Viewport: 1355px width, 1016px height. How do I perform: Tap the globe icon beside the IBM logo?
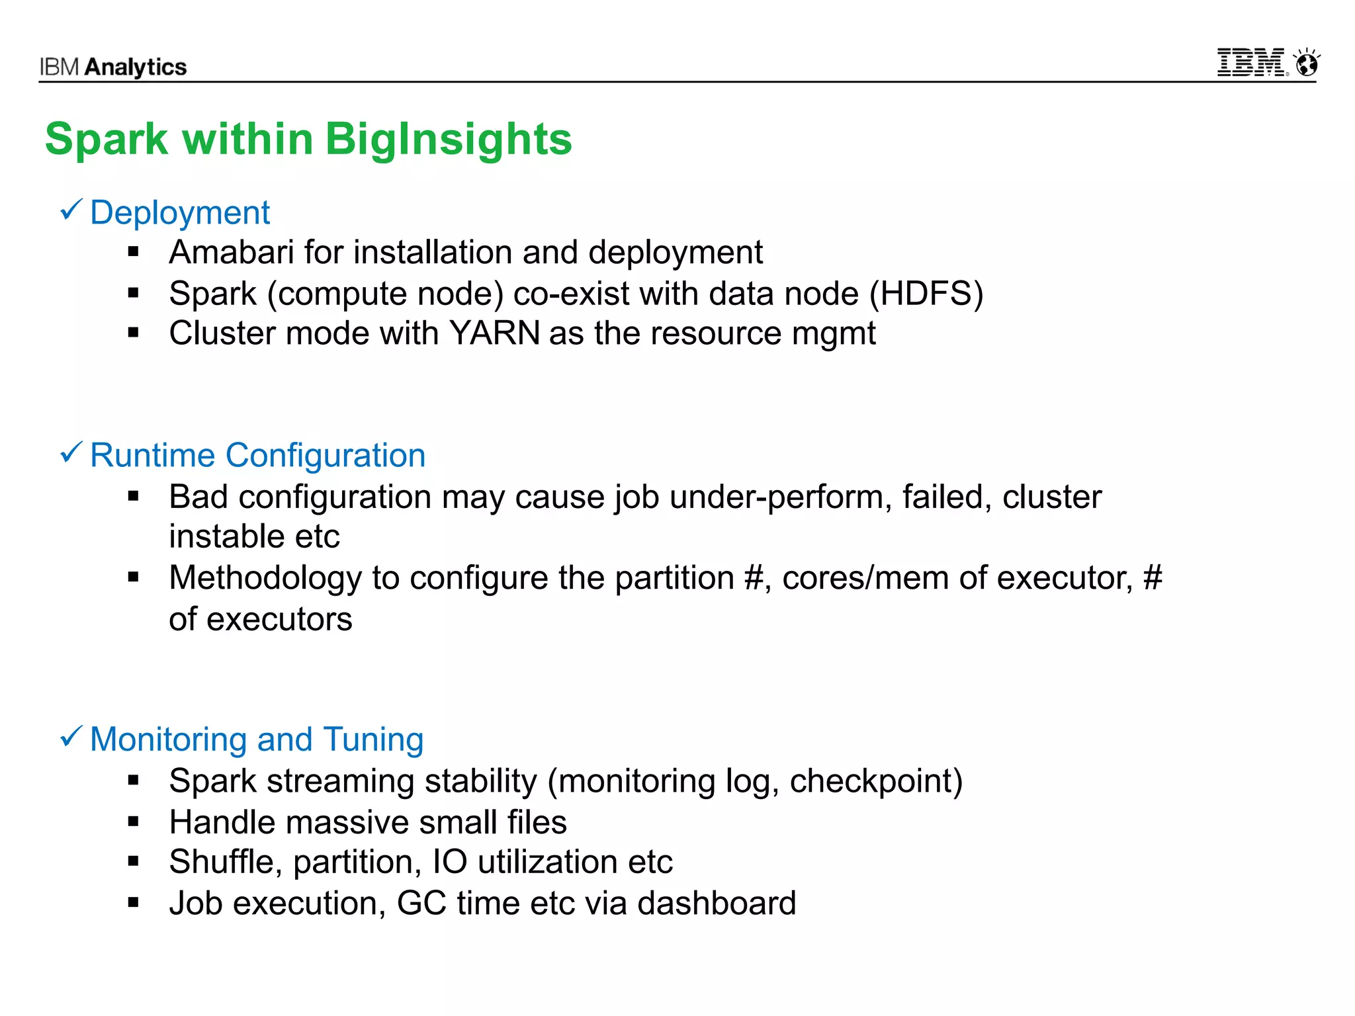click(x=1307, y=63)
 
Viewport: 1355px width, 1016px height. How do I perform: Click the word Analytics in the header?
click(x=136, y=67)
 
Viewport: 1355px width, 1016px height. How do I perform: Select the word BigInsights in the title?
click(x=448, y=140)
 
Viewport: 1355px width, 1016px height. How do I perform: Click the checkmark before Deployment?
click(x=71, y=210)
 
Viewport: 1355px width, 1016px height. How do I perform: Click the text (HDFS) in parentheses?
click(x=926, y=294)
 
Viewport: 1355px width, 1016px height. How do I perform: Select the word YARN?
click(x=494, y=333)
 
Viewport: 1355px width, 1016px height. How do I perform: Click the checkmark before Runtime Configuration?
click(x=71, y=453)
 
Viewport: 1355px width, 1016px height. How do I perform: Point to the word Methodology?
click(x=265, y=578)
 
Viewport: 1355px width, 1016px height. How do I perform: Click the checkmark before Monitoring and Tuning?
click(x=71, y=736)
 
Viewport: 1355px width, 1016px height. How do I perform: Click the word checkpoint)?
click(x=876, y=781)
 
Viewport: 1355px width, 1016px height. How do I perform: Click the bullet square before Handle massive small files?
click(x=134, y=822)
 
